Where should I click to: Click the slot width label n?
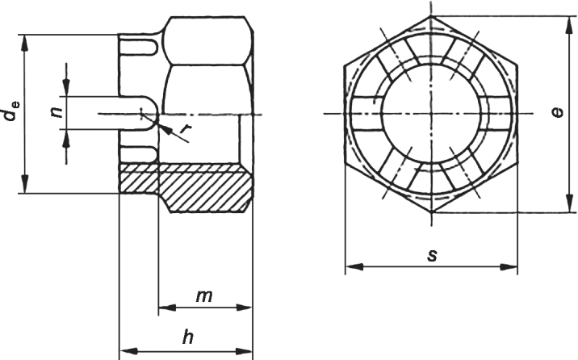[56, 112]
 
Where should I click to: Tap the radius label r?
[186, 128]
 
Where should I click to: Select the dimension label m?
[204, 296]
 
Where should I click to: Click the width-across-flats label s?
[432, 254]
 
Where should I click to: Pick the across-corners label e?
[558, 112]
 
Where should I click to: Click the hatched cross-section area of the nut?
[186, 187]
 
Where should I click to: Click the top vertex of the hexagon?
[431, 16]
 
